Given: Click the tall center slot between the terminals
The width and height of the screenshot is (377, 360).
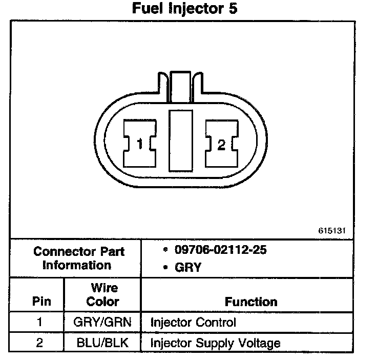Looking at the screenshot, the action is pos(180,139).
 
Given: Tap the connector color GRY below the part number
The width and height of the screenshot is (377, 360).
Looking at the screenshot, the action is pos(188,267).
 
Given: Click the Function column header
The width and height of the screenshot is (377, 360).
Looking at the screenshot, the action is pos(251,302).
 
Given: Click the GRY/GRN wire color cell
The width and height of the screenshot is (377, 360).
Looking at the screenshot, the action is pos(102,323).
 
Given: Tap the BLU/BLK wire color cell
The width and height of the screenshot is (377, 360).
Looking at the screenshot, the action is pos(102,343).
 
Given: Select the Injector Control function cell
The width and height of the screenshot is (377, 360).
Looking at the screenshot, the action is pos(193,323).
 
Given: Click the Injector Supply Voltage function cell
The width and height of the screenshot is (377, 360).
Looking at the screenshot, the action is pos(215,343).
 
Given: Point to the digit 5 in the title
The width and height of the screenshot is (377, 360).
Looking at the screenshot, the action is pos(233,9).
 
